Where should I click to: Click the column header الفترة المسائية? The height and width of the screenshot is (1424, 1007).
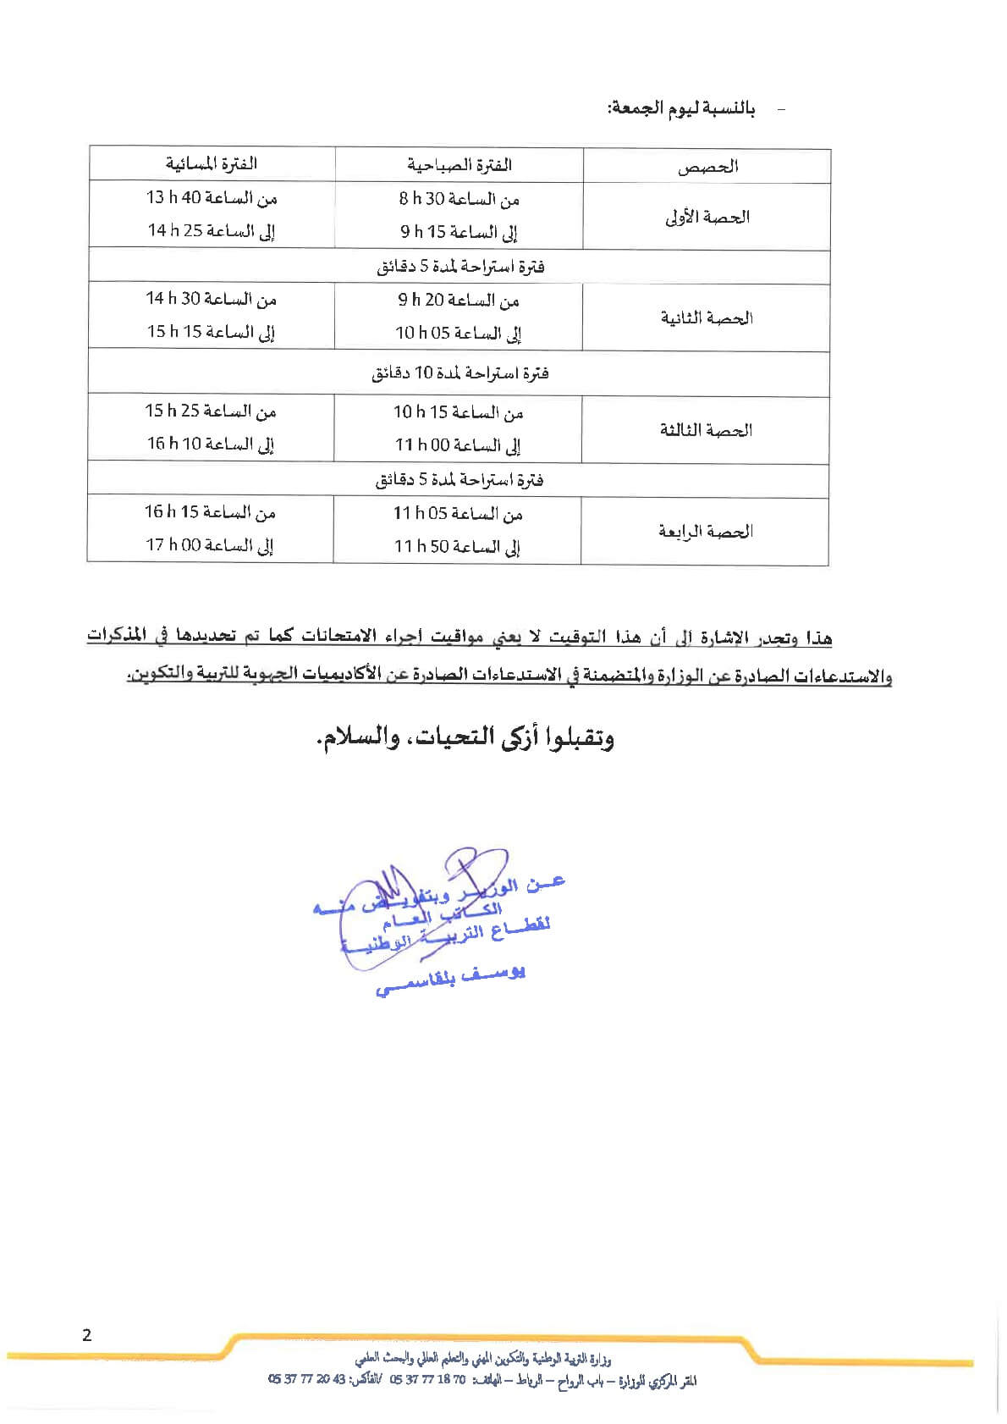(211, 163)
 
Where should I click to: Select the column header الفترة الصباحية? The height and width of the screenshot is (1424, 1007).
(459, 165)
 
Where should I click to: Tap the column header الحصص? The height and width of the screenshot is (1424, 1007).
(707, 167)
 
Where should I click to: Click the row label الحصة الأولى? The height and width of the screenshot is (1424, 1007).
(707, 217)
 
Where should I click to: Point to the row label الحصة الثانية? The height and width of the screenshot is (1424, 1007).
(707, 318)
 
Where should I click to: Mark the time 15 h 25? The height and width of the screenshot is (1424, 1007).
(173, 411)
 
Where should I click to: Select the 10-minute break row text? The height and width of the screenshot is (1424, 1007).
(459, 373)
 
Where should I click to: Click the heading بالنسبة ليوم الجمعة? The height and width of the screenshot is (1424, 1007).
(681, 109)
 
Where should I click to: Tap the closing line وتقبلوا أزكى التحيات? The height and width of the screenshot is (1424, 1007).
(465, 738)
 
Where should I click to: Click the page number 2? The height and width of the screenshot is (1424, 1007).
(87, 1336)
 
